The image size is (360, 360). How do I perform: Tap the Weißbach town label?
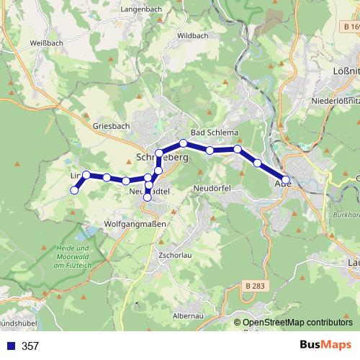coord(25,43)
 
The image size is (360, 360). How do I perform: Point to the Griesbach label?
coord(112,125)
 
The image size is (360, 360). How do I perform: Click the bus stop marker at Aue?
coord(286,180)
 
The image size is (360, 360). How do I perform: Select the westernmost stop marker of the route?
coord(74,190)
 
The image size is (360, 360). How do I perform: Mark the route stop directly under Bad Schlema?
coord(184,143)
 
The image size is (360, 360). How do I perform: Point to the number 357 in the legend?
coord(30,346)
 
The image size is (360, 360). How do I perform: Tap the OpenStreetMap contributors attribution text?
coord(297,323)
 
